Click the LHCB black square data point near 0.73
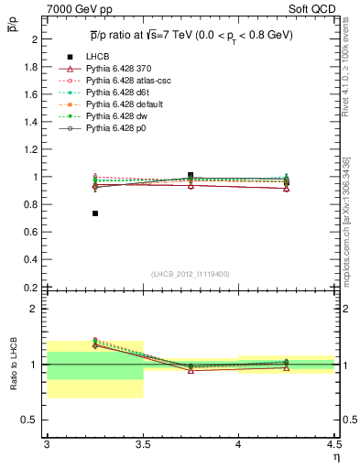(x=95, y=213)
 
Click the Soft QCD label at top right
(x=317, y=9)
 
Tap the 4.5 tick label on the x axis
(x=333, y=445)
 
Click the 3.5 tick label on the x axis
(x=143, y=445)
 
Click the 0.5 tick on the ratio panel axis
(x=34, y=420)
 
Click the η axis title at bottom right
(x=336, y=455)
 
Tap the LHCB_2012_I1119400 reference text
(x=191, y=273)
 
